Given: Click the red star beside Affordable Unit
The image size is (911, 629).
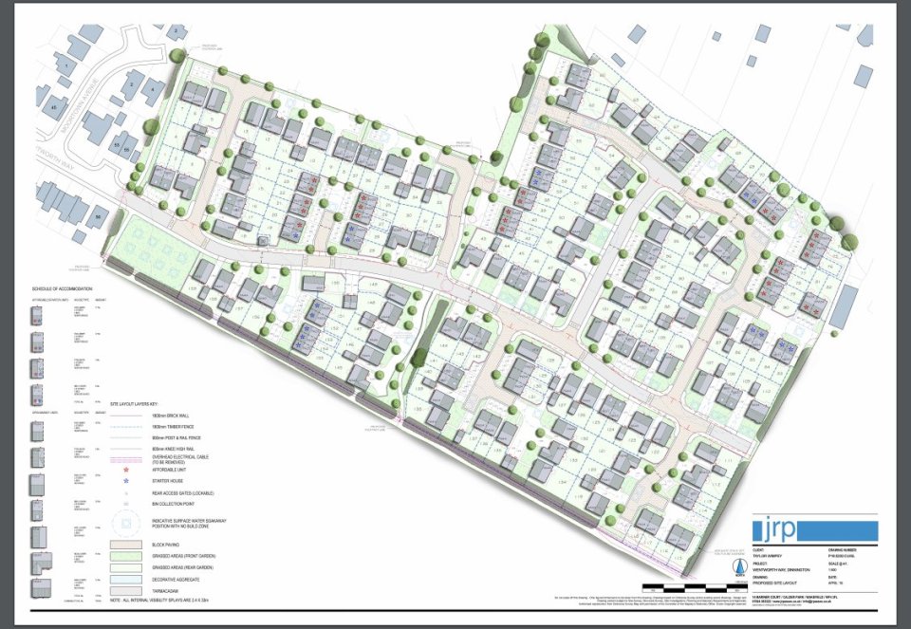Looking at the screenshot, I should (126, 470).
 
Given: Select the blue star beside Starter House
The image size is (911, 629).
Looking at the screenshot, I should (126, 482).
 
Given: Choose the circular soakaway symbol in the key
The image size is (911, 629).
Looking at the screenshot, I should (126, 521).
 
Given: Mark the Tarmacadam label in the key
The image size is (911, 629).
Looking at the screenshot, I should (165, 588).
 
